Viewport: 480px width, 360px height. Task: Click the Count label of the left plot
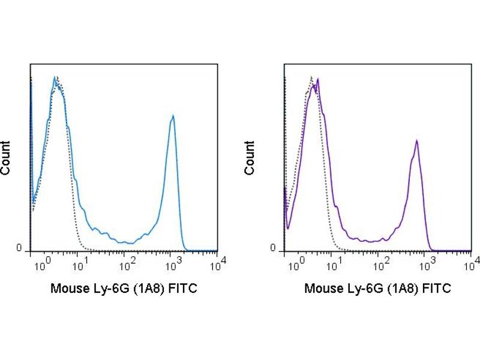pos(6,157)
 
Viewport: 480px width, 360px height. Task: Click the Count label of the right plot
pos(250,157)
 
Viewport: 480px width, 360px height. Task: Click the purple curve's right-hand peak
pos(416,141)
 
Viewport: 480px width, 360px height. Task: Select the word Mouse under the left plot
pos(68,289)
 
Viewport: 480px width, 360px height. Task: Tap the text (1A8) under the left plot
pos(149,289)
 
